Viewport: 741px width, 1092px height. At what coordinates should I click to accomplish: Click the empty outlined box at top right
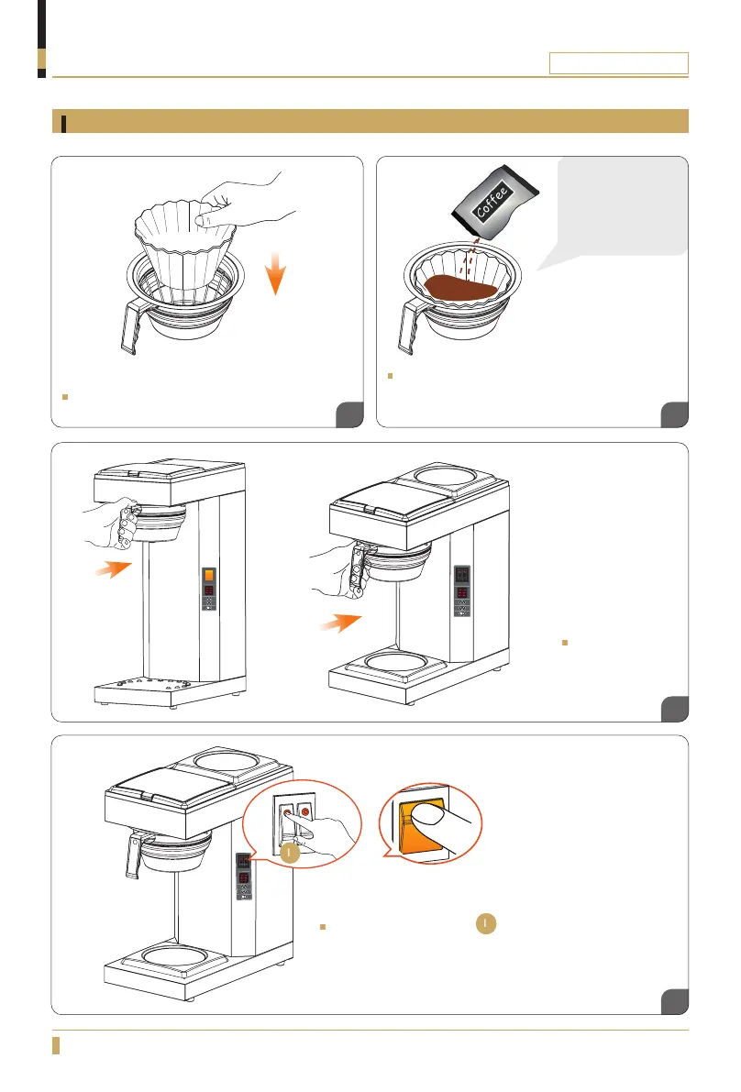[618, 62]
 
